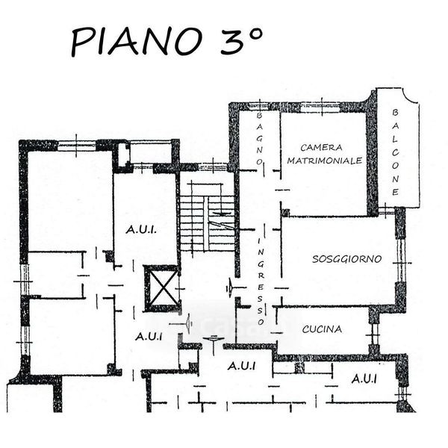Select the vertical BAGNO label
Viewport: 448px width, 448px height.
[x=260, y=138]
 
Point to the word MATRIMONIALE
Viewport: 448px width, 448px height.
[x=325, y=160]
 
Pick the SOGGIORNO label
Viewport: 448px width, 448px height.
[x=346, y=259]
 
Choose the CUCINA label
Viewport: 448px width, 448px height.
[x=322, y=329]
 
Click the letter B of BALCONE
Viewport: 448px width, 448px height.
[x=395, y=112]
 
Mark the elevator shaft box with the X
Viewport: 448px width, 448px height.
[x=161, y=287]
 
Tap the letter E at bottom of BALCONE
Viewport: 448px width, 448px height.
[x=395, y=191]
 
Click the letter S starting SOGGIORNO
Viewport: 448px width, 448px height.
[x=316, y=259]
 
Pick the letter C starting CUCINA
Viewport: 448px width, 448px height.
[x=305, y=329]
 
